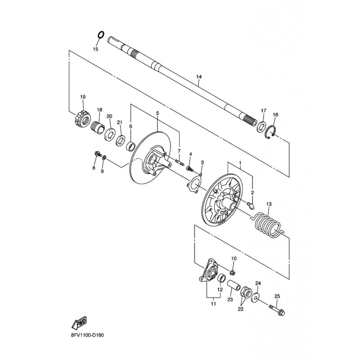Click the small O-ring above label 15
click(x=101, y=35)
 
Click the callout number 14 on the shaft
click(x=199, y=76)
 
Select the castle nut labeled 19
click(x=82, y=118)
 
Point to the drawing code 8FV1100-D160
click(x=87, y=335)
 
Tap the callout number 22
click(x=240, y=309)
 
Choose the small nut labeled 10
click(x=232, y=273)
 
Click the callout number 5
click(x=157, y=113)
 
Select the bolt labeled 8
click(x=98, y=154)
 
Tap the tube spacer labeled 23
click(x=234, y=286)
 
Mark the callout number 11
click(x=213, y=304)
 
